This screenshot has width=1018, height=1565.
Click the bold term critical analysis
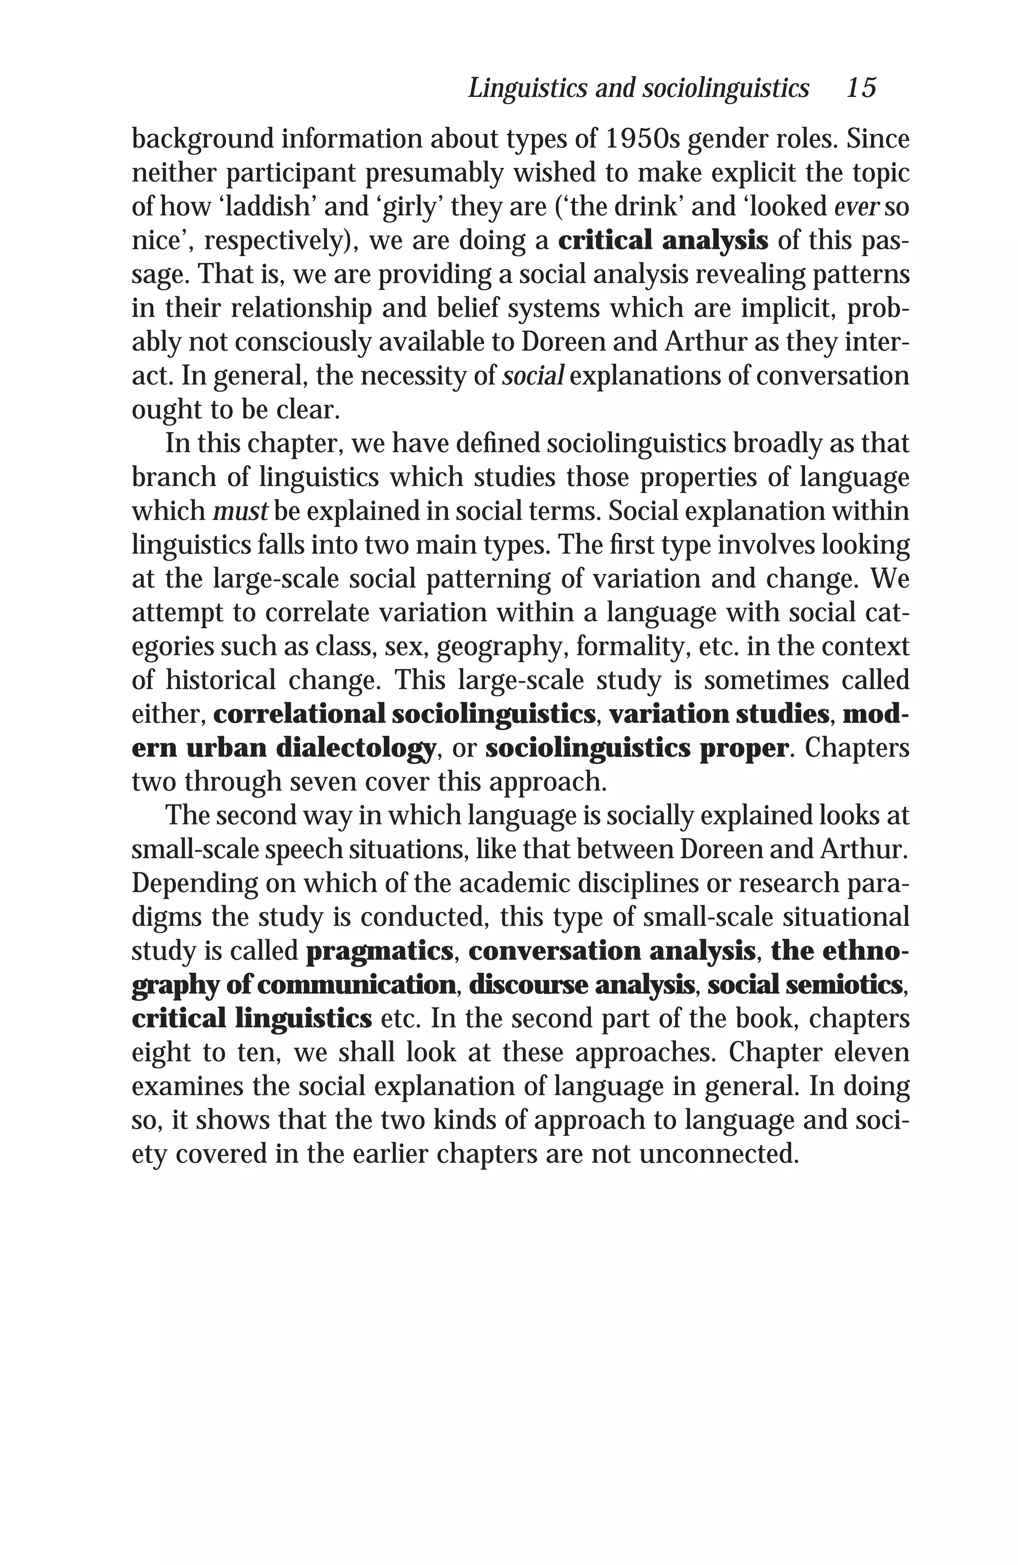point(662,241)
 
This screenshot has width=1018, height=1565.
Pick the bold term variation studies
point(719,714)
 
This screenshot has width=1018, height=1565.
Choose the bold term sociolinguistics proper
point(636,748)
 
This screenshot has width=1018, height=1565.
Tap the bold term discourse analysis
point(582,985)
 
